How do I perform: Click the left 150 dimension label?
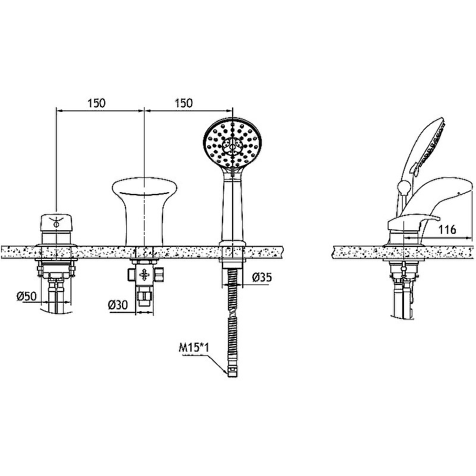tap(97, 103)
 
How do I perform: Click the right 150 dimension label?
tap(184, 103)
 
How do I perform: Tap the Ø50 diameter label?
tap(27, 296)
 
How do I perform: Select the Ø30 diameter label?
tap(118, 305)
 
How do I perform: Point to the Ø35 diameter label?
tap(262, 277)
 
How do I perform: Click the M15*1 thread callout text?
tap(194, 347)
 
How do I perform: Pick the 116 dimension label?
tap(447, 230)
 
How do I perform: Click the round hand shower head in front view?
tap(233, 143)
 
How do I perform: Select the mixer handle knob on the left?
tap(56, 224)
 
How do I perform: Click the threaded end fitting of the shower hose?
tap(232, 371)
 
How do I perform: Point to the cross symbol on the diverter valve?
tap(145, 275)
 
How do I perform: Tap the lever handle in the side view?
tap(413, 223)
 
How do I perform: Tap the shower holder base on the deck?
tap(233, 243)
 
